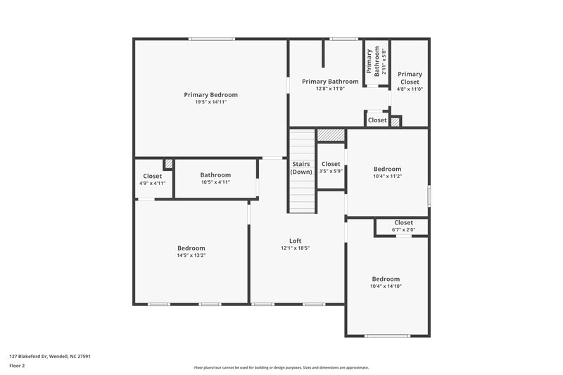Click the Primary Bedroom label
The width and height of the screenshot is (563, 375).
pyautogui.click(x=210, y=95)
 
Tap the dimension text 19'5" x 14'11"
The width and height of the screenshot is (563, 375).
pyautogui.click(x=210, y=102)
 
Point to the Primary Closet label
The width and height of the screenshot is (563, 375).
pyautogui.click(x=410, y=77)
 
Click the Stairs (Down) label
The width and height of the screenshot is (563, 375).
pyautogui.click(x=301, y=167)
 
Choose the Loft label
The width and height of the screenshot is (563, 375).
pyautogui.click(x=296, y=241)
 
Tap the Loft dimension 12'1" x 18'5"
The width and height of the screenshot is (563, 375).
pyautogui.click(x=296, y=248)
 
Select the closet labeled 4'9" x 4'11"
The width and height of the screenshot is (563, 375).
pyautogui.click(x=153, y=179)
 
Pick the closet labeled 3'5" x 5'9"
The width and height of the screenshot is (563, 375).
pyautogui.click(x=331, y=167)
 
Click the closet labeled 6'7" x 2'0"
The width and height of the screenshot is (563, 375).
pyautogui.click(x=403, y=226)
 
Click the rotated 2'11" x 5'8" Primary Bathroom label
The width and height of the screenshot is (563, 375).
pyautogui.click(x=377, y=62)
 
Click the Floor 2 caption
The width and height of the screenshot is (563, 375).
pyautogui.click(x=18, y=366)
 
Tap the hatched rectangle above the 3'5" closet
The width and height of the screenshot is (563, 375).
pyautogui.click(x=330, y=134)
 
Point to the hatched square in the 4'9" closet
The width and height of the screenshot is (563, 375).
pyautogui.click(x=168, y=164)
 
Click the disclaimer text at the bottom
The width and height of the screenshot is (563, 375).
pyautogui.click(x=281, y=367)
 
